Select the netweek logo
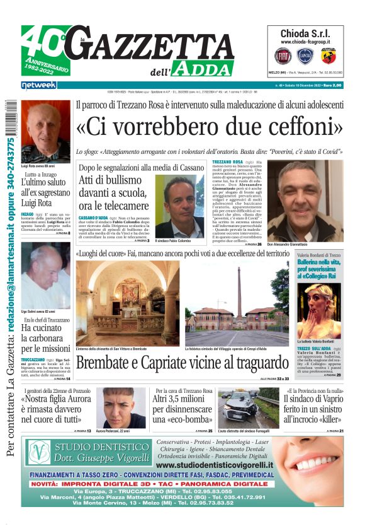(38, 85)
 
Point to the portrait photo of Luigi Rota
(45, 132)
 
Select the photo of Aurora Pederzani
(121, 407)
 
